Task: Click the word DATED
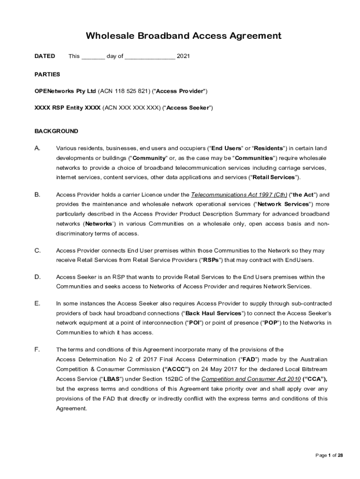[45, 56]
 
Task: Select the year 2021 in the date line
[183, 56]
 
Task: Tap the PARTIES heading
[47, 74]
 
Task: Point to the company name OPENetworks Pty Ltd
[65, 91]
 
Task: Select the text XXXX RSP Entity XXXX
[67, 108]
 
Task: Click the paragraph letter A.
[37, 148]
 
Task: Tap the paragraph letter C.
[37, 250]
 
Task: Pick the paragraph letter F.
[37, 349]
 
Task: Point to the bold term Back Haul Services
[213, 313]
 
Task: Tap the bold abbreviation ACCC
[176, 369]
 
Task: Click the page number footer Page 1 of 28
[329, 455]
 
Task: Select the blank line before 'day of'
[93, 57]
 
